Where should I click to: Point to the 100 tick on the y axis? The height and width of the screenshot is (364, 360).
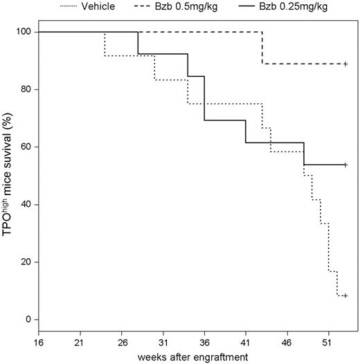coord(24,32)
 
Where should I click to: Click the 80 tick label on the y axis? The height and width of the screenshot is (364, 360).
coord(26,89)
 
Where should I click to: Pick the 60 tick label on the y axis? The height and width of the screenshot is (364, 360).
coord(26,147)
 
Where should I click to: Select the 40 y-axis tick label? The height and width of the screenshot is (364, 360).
coord(26,205)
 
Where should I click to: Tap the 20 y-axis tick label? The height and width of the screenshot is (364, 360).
coord(26,262)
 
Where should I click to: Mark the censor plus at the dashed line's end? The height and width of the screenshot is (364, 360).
coord(345,64)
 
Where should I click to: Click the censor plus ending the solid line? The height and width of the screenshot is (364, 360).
coord(345,165)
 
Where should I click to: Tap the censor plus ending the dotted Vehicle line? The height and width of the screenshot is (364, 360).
coord(345,295)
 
